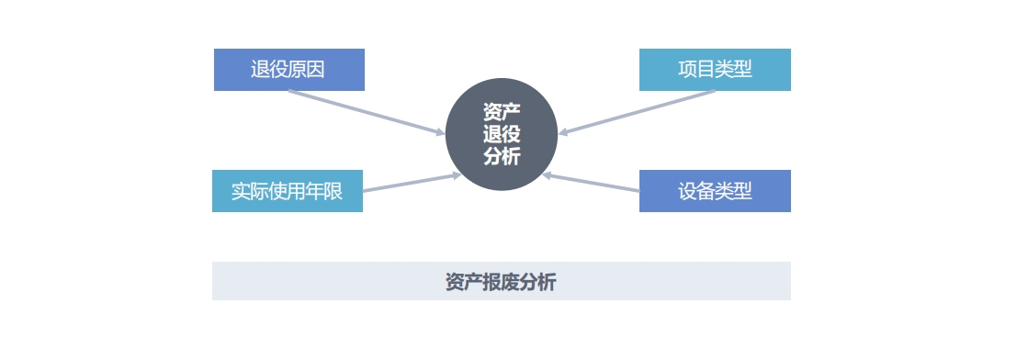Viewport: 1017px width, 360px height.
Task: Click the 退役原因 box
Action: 289,70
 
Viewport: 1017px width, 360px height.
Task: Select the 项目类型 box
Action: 715,70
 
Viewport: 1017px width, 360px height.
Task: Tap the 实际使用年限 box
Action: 288,191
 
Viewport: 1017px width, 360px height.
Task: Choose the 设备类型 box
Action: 715,191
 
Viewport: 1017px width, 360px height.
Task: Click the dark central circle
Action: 502,134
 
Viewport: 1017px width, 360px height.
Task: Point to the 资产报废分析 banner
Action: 502,281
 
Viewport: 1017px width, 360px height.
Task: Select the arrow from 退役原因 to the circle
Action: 367,113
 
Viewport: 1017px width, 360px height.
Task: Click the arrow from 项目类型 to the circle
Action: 637,113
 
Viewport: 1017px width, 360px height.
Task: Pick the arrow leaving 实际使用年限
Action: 412,182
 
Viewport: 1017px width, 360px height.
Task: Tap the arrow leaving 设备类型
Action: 591,182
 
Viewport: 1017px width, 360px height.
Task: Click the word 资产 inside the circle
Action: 502,112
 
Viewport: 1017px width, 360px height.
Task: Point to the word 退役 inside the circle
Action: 502,134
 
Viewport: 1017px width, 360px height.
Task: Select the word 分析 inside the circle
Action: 502,156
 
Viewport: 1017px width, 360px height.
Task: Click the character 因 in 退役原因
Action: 316,70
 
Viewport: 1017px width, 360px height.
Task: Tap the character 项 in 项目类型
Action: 687,70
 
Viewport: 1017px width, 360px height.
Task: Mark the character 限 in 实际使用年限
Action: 333,191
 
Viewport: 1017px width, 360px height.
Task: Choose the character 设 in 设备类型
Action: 687,191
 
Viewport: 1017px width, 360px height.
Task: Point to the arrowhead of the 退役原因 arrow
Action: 441,133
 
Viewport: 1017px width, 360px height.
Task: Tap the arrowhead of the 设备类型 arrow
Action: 547,174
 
